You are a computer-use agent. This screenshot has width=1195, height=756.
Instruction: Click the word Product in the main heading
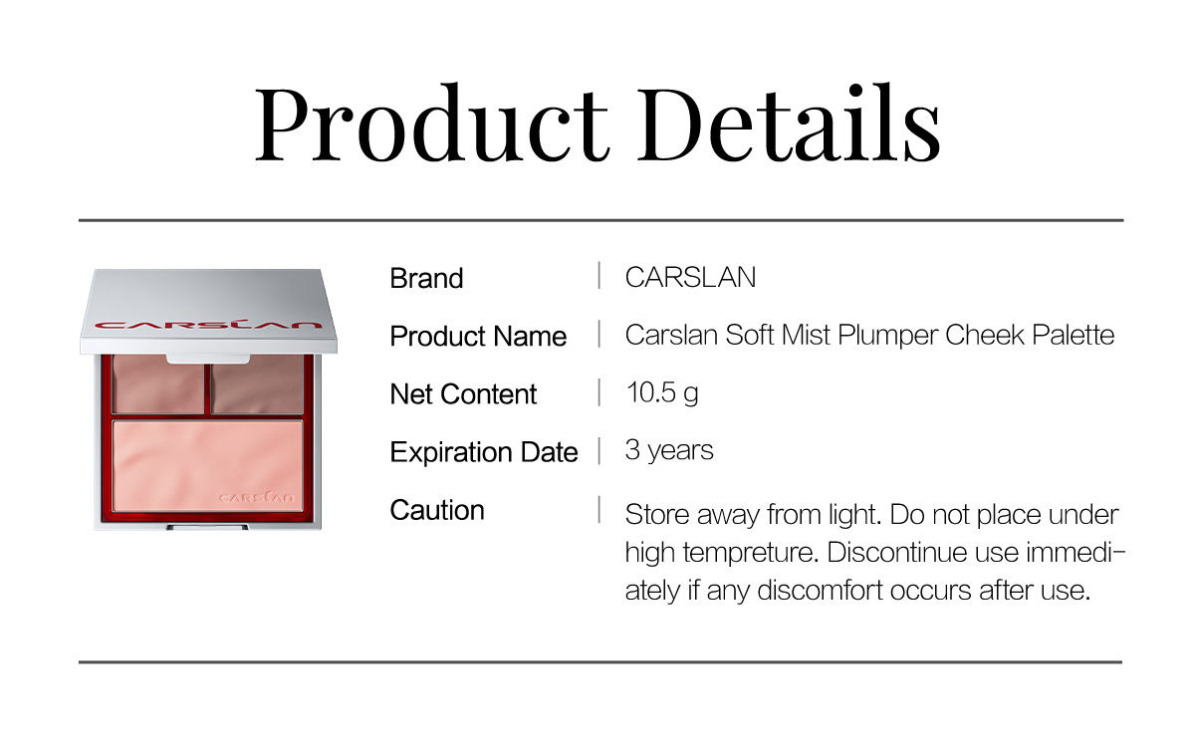click(432, 124)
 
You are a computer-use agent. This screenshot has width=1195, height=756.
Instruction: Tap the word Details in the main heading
click(789, 124)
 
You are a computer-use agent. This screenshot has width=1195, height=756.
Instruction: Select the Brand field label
click(426, 278)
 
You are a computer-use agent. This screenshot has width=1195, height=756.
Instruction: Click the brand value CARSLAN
click(690, 277)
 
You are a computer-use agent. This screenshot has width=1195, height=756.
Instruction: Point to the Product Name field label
click(478, 336)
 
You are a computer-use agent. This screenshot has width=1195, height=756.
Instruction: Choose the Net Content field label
click(463, 394)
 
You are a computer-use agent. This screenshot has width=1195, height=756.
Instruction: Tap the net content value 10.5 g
click(662, 393)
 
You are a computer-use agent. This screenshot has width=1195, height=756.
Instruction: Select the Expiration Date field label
click(484, 452)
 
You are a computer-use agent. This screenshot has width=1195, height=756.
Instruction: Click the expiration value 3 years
click(669, 450)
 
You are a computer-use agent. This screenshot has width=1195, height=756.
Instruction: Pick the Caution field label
click(437, 510)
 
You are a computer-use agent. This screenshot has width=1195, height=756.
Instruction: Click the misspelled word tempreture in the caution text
click(751, 553)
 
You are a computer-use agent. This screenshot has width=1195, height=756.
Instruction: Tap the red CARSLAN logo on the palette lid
click(208, 325)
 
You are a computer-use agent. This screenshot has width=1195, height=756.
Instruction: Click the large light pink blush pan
click(207, 465)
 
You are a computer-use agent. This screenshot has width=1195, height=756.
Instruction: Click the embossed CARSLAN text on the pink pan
click(256, 497)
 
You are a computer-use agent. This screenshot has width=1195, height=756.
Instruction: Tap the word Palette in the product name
click(1073, 335)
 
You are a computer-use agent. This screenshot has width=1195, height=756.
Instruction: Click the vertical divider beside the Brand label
click(599, 276)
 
